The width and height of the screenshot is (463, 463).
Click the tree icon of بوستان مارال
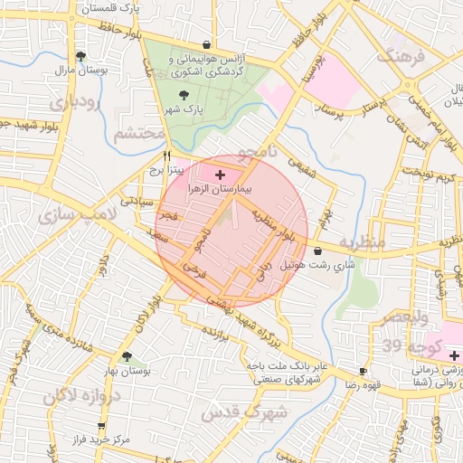point(80,56)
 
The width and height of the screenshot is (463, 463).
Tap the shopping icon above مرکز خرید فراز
point(100,425)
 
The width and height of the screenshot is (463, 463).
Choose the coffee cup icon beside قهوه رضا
point(363,371)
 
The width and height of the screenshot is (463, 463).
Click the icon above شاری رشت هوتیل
point(317,250)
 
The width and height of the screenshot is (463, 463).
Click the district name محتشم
point(140,135)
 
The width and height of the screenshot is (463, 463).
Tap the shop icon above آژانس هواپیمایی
point(207,43)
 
